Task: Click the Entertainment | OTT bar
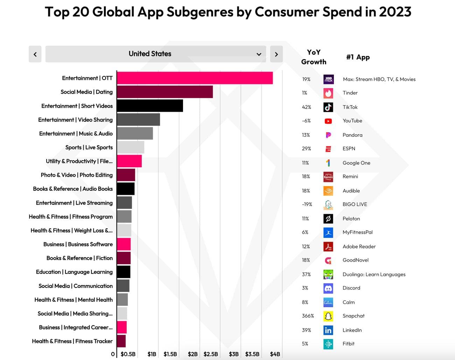(x=195, y=78)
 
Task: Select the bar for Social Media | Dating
(x=164, y=92)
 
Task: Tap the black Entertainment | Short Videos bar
(x=150, y=106)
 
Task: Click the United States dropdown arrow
(x=259, y=54)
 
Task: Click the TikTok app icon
(x=328, y=107)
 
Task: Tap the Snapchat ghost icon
(x=328, y=316)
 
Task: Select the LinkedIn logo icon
(x=328, y=330)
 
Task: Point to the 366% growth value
(x=308, y=316)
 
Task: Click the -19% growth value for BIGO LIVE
(x=307, y=204)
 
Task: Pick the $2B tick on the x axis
(x=192, y=354)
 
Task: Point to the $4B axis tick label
(x=275, y=354)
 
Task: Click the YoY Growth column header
(x=314, y=57)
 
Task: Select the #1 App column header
(x=358, y=57)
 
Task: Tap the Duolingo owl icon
(x=328, y=274)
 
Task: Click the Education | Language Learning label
(x=74, y=272)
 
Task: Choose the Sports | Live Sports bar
(x=131, y=147)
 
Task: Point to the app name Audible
(x=351, y=191)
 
